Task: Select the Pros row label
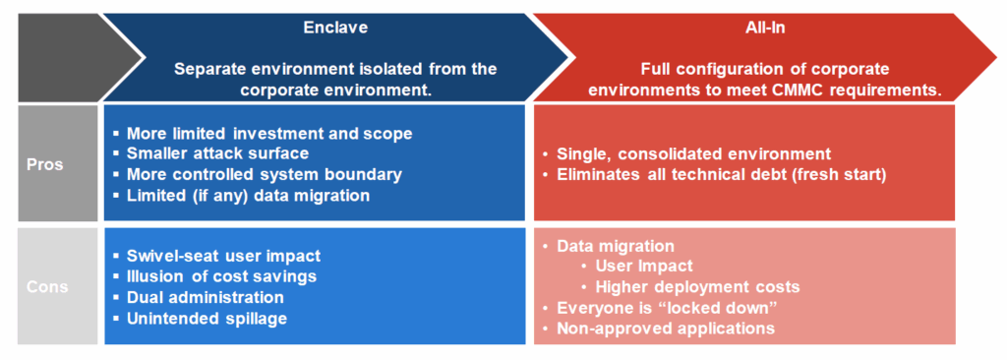(44, 163)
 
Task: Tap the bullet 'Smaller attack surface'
(217, 153)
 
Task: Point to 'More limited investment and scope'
(268, 133)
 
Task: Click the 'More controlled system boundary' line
(264, 174)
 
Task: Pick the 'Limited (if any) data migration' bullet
(248, 195)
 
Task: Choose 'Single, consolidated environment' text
(693, 154)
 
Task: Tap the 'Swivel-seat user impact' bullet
(223, 256)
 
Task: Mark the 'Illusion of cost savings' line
(222, 276)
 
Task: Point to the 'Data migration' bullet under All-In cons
(616, 246)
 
